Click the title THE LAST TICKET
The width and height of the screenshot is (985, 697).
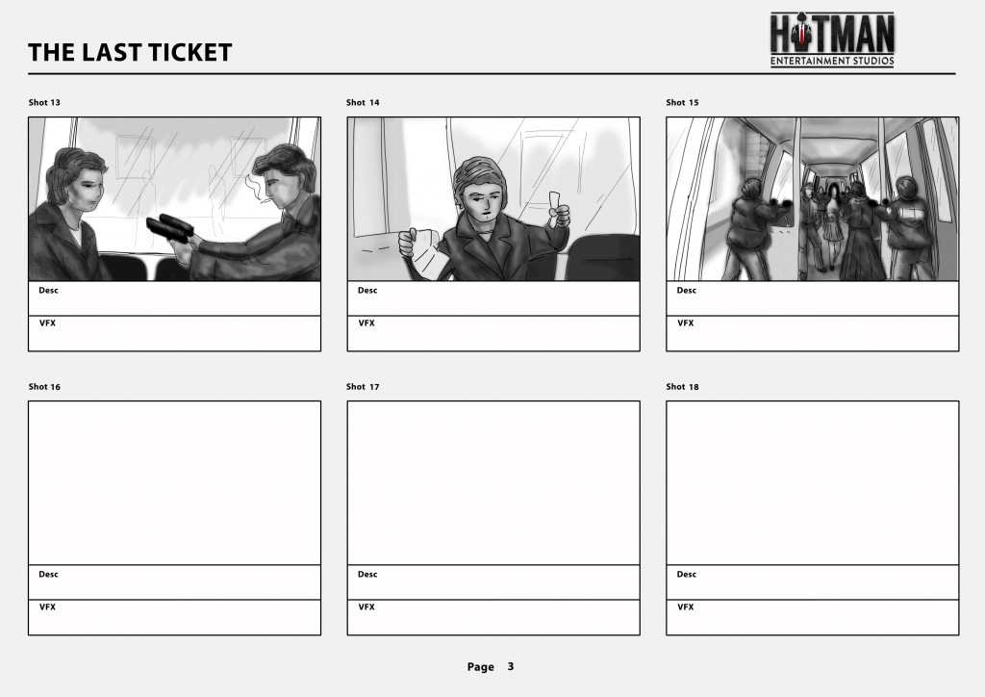[130, 52]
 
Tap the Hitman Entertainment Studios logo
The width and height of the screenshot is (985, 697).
[832, 39]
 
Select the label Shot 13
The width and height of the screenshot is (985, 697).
[44, 102]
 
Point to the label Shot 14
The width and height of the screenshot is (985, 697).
[363, 102]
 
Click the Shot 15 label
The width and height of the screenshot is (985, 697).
[682, 102]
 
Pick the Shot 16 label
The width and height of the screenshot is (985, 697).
[44, 386]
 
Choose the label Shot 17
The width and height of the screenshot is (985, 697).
[363, 386]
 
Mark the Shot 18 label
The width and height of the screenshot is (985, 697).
[682, 386]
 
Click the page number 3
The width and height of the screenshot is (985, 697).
[511, 666]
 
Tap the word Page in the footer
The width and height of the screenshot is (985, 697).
[481, 667]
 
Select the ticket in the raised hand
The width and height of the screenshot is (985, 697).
[555, 202]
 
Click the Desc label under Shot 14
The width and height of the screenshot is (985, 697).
[367, 291]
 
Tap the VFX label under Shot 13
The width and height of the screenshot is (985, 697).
[48, 323]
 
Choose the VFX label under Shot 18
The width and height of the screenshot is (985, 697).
[685, 607]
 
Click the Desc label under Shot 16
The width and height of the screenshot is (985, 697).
[48, 575]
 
